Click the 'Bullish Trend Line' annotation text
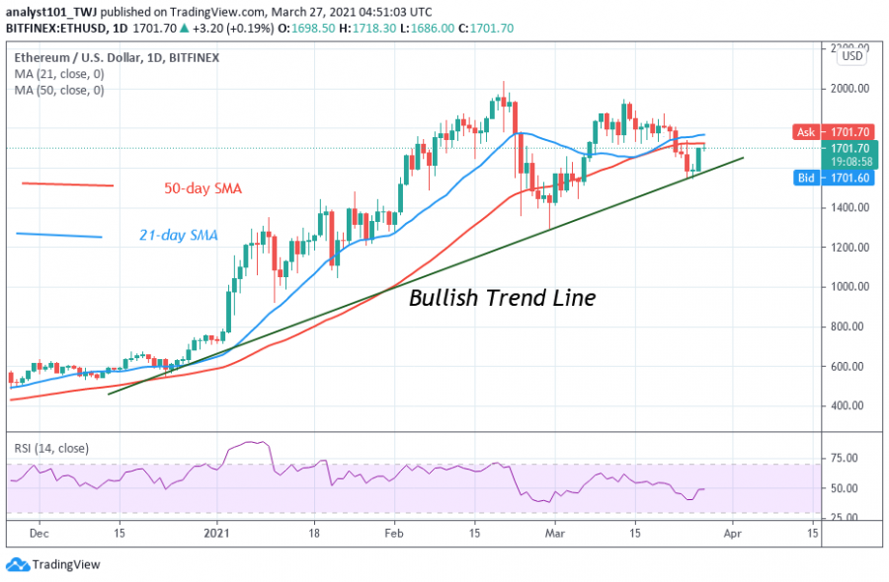502,297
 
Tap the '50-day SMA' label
202,188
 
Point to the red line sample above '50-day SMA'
67,184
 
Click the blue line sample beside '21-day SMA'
59,235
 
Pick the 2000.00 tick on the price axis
849,88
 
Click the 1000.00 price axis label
849,287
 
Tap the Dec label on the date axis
40,532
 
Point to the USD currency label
851,57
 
